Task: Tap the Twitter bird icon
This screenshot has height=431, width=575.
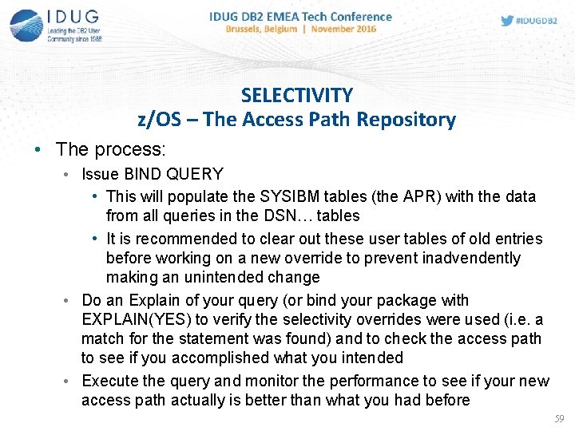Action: pos(507,21)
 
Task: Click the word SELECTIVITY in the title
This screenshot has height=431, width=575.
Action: pos(296,96)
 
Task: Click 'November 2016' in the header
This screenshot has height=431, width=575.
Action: pos(344,29)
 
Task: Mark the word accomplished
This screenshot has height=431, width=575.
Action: pos(208,358)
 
